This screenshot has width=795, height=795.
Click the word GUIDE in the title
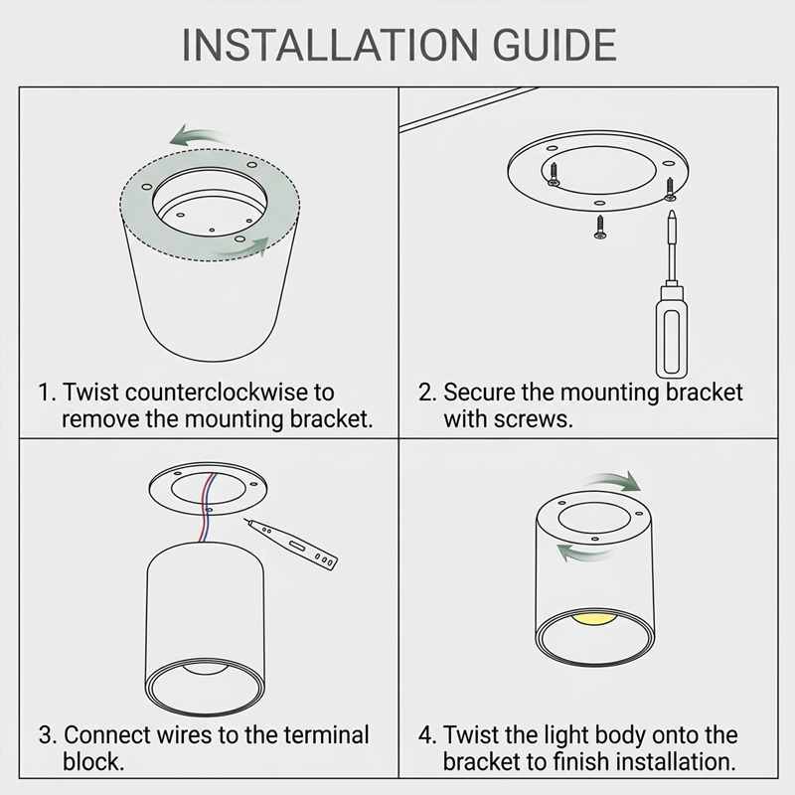555,45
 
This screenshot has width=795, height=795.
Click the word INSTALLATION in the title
330,45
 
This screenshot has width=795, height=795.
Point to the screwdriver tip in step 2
672,213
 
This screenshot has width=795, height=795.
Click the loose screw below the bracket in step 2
600,227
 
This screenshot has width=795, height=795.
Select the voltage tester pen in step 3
291,545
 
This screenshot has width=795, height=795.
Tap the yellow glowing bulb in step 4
594,619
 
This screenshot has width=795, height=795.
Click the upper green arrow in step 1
198,135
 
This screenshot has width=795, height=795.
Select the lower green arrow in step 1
239,247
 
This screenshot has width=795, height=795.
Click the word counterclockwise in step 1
217,393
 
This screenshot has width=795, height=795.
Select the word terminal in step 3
326,735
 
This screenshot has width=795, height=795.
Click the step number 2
427,393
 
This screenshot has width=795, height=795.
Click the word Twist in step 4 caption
466,735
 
